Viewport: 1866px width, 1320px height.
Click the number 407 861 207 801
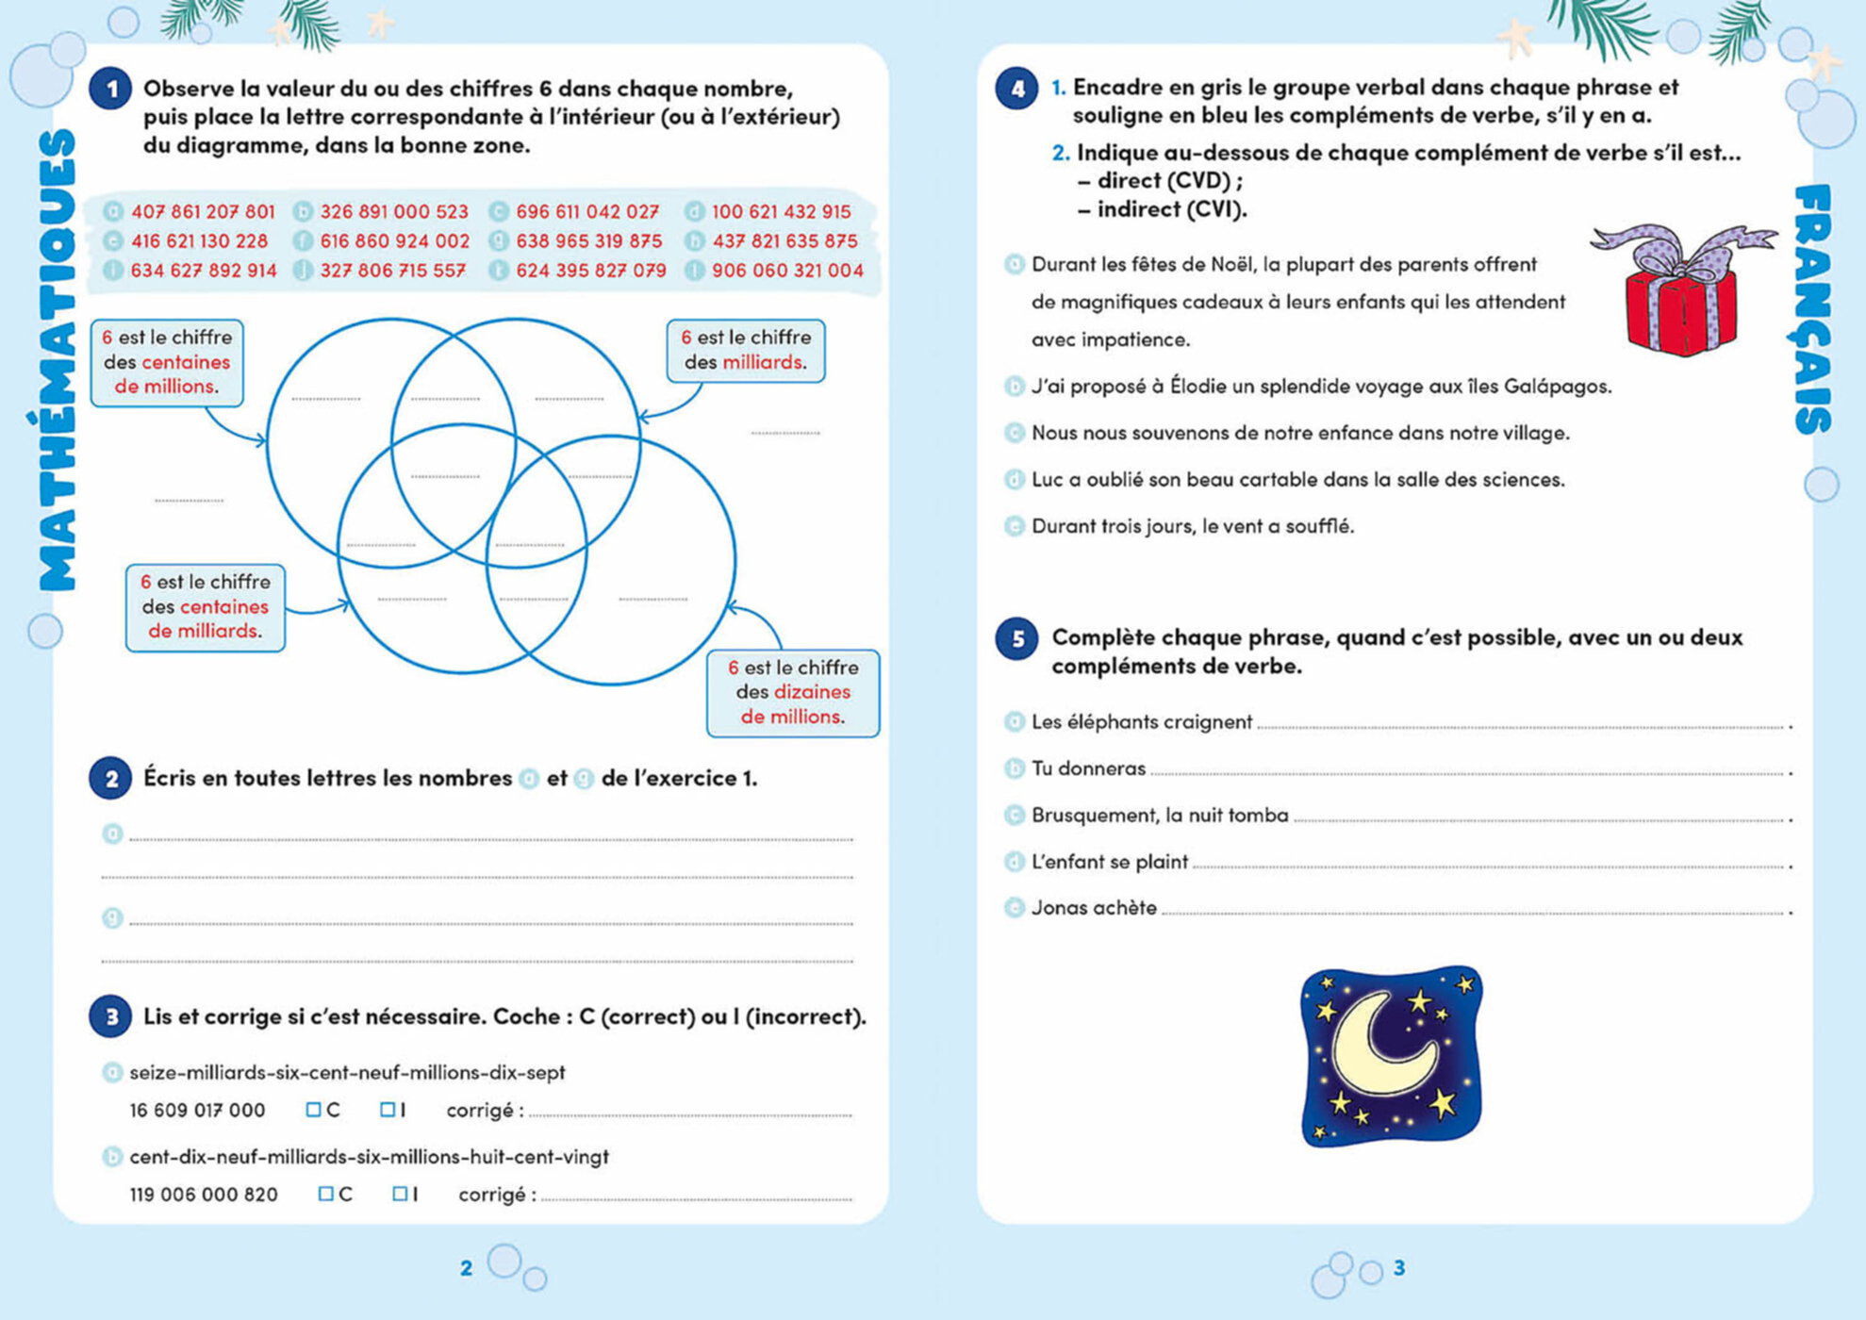point(203,212)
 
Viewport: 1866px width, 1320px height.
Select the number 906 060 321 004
point(787,271)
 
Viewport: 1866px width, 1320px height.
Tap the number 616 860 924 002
point(394,241)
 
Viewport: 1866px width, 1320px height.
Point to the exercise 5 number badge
point(1017,639)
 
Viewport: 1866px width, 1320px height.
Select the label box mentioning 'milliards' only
point(745,351)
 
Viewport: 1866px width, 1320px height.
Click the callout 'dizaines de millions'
point(792,693)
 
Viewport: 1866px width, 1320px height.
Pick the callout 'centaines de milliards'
point(205,607)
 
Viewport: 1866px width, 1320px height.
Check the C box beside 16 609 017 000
point(313,1110)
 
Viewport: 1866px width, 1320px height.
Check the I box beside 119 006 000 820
point(400,1195)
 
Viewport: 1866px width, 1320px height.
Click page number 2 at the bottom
point(466,1268)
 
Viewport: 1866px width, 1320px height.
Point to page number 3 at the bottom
point(1399,1268)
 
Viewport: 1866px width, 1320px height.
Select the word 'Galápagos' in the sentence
point(1556,387)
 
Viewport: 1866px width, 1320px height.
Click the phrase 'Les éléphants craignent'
point(1141,722)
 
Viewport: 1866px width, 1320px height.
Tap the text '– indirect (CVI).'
point(1162,209)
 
